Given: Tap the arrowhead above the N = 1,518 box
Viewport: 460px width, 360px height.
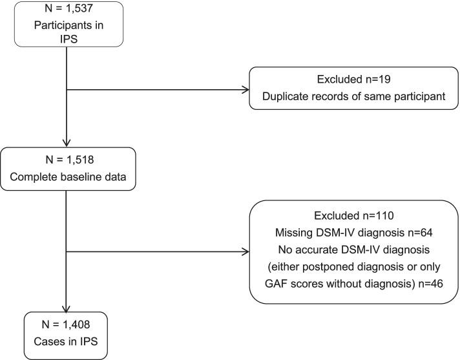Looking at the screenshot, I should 67,143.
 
